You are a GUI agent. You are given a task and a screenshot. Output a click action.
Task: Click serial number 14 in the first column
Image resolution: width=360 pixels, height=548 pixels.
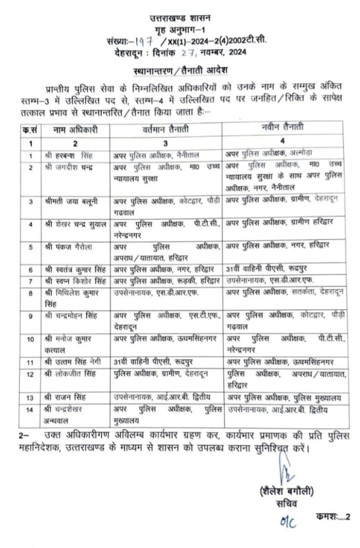coord(32,410)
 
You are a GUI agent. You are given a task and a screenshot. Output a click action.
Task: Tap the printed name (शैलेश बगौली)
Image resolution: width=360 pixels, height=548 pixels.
coord(279,491)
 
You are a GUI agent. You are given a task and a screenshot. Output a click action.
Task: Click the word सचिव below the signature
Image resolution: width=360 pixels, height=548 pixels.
coord(279,504)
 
